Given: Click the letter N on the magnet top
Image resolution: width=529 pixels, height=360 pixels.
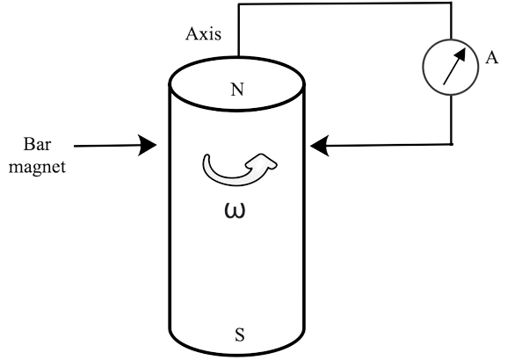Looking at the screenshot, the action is [x=237, y=90].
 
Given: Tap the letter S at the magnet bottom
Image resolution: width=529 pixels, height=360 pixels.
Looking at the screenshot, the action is [x=240, y=335].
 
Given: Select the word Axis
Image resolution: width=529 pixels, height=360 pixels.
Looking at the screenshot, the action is [x=204, y=33].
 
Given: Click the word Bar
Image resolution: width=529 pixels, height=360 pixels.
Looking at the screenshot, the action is [x=37, y=144].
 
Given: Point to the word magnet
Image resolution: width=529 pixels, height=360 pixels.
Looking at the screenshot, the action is [x=37, y=167].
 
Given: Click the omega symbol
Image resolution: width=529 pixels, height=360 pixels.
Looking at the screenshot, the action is [x=235, y=211].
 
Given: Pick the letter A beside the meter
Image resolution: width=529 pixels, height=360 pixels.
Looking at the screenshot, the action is [x=492, y=57].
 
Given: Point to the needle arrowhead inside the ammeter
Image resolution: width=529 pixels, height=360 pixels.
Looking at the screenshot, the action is [x=460, y=54].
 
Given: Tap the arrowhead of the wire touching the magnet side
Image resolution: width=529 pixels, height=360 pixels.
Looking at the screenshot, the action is [x=320, y=146].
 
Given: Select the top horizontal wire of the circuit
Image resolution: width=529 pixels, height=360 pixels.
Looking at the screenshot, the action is [x=344, y=4].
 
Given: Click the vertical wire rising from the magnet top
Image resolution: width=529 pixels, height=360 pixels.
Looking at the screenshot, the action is [x=238, y=31].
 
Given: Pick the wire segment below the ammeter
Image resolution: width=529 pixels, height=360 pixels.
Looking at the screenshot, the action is [x=452, y=119].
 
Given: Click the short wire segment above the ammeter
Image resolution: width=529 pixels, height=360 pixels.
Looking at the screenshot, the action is [x=452, y=21].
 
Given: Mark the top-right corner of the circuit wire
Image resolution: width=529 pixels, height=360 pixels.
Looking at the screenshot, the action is [x=452, y=4].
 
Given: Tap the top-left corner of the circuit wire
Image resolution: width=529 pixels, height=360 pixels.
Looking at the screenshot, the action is [x=238, y=4].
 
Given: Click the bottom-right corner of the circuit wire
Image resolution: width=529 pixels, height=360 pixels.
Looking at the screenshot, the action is [x=452, y=144].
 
